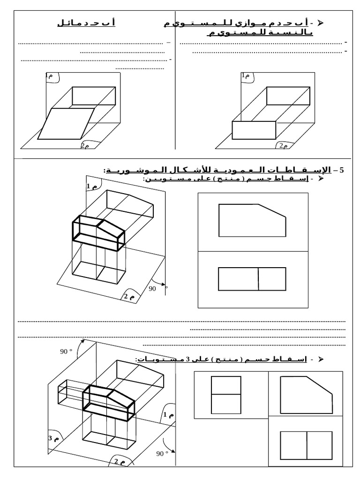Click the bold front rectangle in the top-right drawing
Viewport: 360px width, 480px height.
254,130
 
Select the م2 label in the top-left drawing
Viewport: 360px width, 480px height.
84,146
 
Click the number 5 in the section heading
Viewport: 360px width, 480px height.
341,170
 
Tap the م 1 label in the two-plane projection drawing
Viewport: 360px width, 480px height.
91,187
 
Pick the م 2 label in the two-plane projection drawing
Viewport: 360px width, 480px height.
128,296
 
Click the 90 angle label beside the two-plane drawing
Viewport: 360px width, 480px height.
152,289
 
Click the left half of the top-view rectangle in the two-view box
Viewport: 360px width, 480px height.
238,279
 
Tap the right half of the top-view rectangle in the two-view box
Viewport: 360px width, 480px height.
272,279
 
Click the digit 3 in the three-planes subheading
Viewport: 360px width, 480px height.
187,360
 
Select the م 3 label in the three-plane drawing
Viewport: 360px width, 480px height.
53,438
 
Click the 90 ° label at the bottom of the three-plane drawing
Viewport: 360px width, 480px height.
162,453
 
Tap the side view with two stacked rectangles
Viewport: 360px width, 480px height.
225,395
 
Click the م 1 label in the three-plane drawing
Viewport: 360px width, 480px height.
169,415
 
